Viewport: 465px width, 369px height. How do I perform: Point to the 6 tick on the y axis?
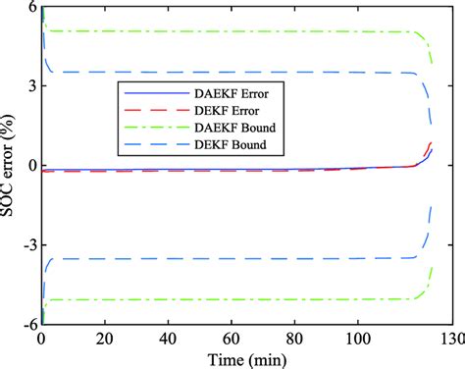pyautogui.click(x=31, y=7)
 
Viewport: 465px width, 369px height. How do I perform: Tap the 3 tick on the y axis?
pyautogui.click(x=31, y=85)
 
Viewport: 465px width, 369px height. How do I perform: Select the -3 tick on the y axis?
pyautogui.click(x=28, y=244)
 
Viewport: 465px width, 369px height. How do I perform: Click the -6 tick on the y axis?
pyautogui.click(x=28, y=323)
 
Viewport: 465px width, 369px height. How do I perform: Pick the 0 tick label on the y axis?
pyautogui.click(x=31, y=165)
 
